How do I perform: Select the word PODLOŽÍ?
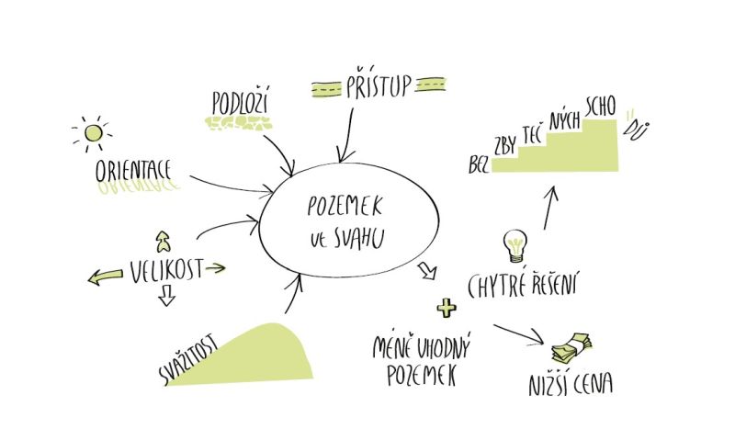point(241,102)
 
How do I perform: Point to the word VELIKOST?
point(165,271)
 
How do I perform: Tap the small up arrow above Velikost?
point(164,242)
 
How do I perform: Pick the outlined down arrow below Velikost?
point(166,296)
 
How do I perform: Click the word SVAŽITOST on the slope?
point(187,359)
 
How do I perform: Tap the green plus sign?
point(447,307)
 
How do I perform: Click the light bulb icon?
point(514,245)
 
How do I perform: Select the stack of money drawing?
point(571,346)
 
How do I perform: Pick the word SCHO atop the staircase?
point(601,106)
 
